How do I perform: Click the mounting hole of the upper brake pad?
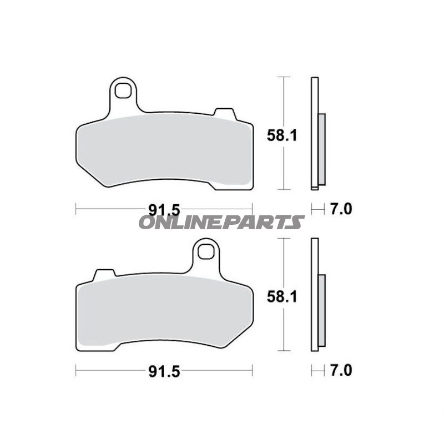click(x=123, y=90)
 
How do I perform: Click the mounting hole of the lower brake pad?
click(x=205, y=252)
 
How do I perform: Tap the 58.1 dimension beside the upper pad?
click(x=282, y=135)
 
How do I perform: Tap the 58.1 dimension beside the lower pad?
click(x=282, y=297)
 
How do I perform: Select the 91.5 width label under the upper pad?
click(x=164, y=210)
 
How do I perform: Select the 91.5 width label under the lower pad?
click(x=164, y=371)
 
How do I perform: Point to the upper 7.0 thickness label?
click(x=341, y=210)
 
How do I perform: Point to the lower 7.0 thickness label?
click(x=341, y=371)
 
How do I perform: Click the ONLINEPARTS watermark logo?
click(x=221, y=223)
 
